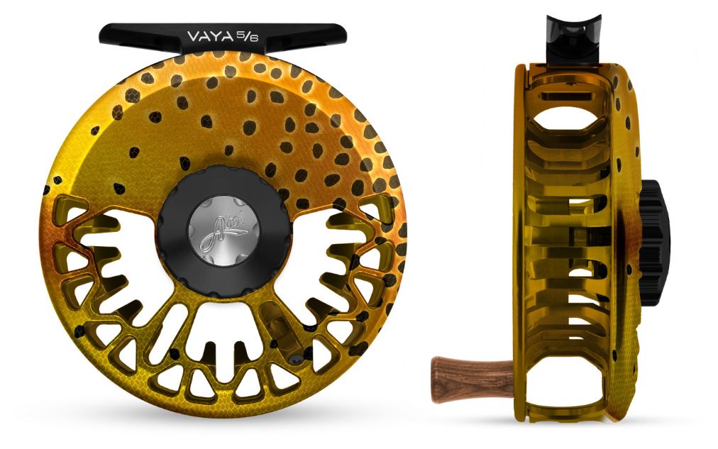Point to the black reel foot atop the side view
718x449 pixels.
click(570, 35)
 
